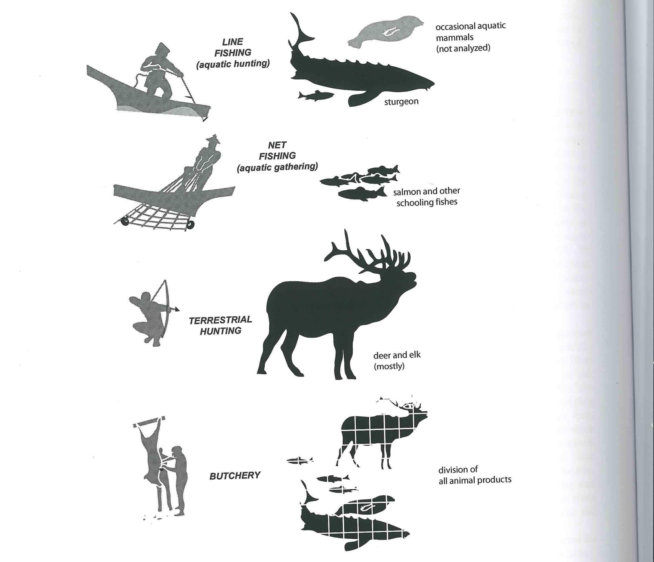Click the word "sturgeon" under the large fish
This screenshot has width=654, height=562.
[401, 102]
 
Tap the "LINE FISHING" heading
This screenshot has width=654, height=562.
[233, 47]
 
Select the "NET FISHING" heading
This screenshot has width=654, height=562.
[277, 150]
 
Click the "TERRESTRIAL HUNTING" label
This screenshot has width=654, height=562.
[220, 325]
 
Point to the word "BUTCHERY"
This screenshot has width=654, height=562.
[235, 475]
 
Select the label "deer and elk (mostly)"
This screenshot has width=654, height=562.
[397, 360]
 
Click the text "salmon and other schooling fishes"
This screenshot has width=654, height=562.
[426, 197]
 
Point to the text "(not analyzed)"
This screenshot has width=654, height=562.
[463, 48]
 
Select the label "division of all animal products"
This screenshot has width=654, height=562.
[475, 475]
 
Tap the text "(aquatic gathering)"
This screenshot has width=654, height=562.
[277, 167]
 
